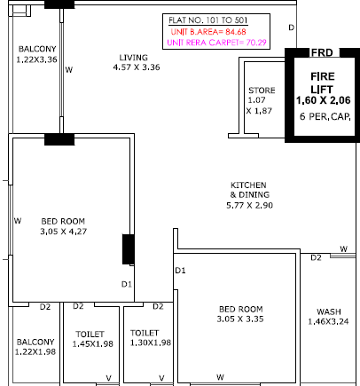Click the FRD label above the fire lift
322,52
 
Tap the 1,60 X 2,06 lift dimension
324,100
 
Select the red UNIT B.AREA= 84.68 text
208,32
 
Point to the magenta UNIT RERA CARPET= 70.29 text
216,43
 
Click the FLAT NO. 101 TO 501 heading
208,20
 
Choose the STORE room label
262,91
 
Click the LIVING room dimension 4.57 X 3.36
137,67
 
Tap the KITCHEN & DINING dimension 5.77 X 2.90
249,205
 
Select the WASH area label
329,311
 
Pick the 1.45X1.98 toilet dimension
93,343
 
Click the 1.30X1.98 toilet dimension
151,343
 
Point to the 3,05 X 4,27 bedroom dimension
64,231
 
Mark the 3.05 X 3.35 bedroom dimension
240,319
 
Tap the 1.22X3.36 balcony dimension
36,59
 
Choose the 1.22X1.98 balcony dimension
35,351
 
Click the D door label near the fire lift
292,28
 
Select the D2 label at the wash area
316,257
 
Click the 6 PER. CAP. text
325,116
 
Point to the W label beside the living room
69,70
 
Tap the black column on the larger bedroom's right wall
129,249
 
